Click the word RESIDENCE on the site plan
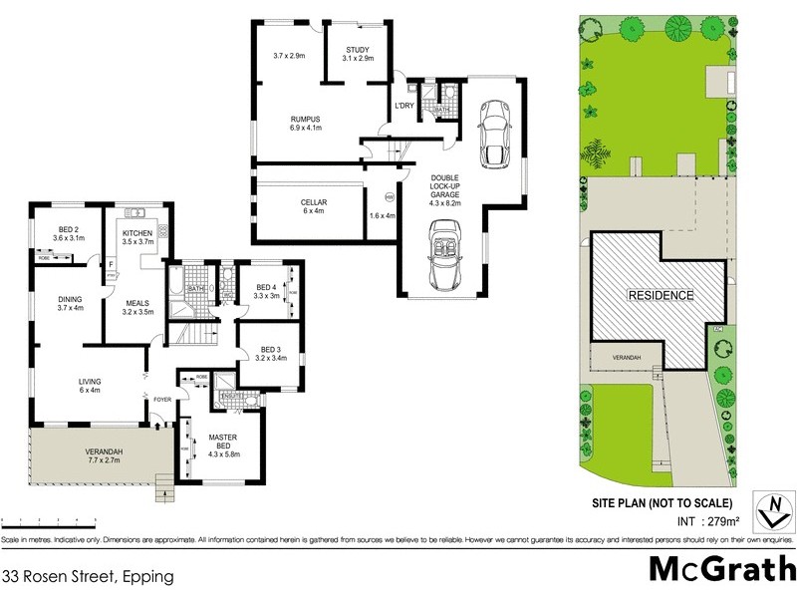point(660,296)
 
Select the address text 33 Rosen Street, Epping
point(88,576)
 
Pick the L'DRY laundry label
point(403,106)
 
